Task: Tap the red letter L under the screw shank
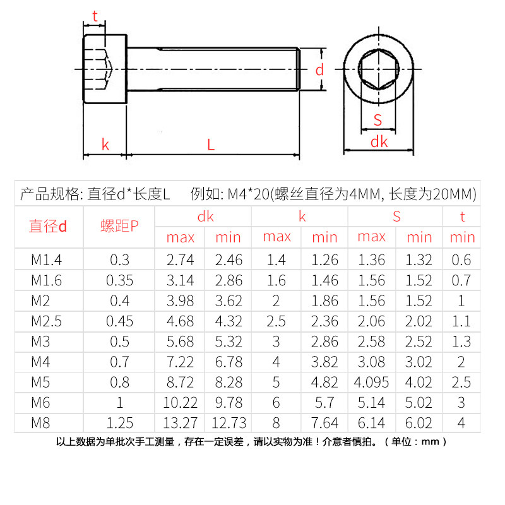click(x=211, y=145)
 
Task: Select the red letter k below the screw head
click(x=105, y=145)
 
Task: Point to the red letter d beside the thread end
click(x=319, y=70)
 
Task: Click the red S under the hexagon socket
click(x=377, y=120)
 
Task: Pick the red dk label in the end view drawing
click(x=379, y=142)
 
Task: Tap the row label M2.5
click(x=46, y=321)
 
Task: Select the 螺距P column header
click(x=119, y=226)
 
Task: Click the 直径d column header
click(x=47, y=226)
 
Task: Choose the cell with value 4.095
click(x=371, y=382)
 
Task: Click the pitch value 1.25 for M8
click(x=119, y=422)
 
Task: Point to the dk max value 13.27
click(x=181, y=422)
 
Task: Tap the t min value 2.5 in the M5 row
click(x=462, y=382)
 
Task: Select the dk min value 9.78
click(x=228, y=402)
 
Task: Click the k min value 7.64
click(x=324, y=422)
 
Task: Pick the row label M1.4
click(x=46, y=260)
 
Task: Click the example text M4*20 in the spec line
click(x=247, y=193)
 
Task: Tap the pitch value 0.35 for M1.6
click(x=119, y=280)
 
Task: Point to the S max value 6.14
click(x=371, y=422)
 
